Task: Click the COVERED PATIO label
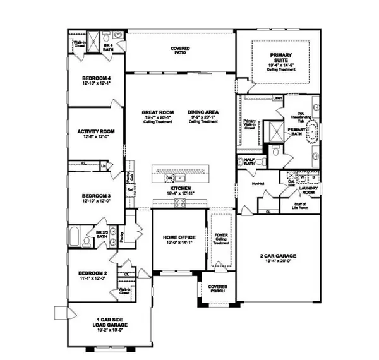coord(181,50)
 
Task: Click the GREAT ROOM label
coord(155,113)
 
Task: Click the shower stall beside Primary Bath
coord(275,131)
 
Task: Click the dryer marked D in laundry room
coord(311,177)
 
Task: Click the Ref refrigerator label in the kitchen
coord(130,189)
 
